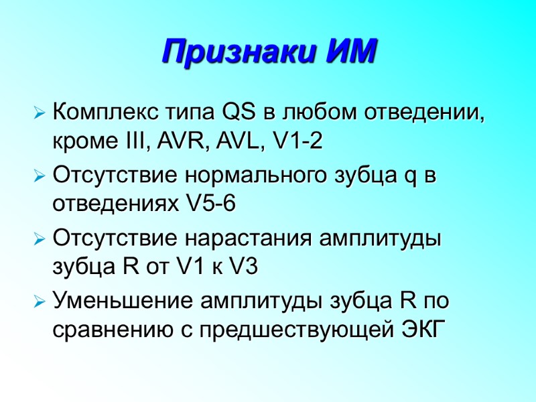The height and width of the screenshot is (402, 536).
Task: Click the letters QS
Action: click(235, 111)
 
